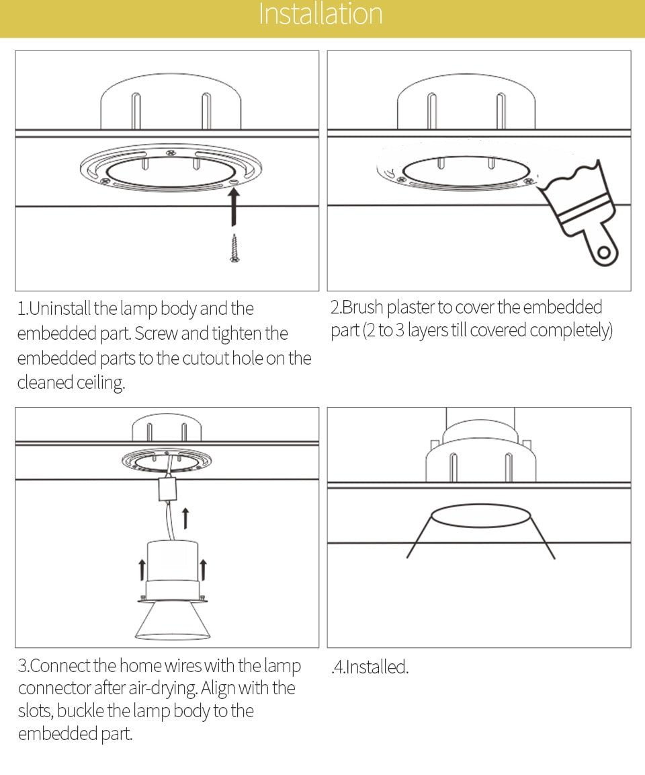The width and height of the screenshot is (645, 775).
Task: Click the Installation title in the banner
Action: point(320,15)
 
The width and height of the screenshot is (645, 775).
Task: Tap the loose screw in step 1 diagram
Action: point(234,248)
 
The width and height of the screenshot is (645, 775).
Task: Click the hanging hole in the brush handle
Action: point(605,254)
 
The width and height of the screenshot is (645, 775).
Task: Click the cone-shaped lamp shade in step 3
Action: point(173,619)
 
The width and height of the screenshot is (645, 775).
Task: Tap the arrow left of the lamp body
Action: point(142,568)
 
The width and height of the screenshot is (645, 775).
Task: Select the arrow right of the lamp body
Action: point(204,568)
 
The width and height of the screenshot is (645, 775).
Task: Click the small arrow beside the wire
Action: point(185,518)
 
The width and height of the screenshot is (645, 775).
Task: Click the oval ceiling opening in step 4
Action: point(480,516)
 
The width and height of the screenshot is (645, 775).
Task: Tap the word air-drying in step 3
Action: point(165,688)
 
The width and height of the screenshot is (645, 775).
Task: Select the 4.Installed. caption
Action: point(370,667)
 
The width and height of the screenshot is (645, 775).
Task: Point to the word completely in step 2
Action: point(570,331)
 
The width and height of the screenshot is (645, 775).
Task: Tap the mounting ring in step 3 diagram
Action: point(166,462)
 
